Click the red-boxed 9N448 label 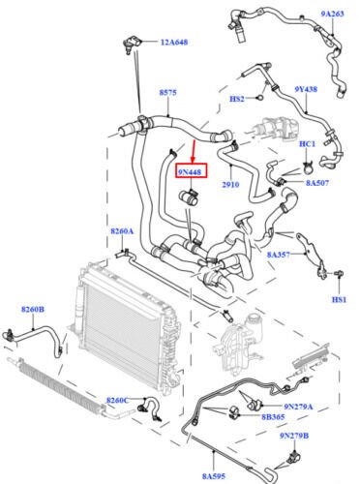(191, 172)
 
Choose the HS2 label (237, 99)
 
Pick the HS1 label (339, 299)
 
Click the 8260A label (122, 231)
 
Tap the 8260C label (117, 400)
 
